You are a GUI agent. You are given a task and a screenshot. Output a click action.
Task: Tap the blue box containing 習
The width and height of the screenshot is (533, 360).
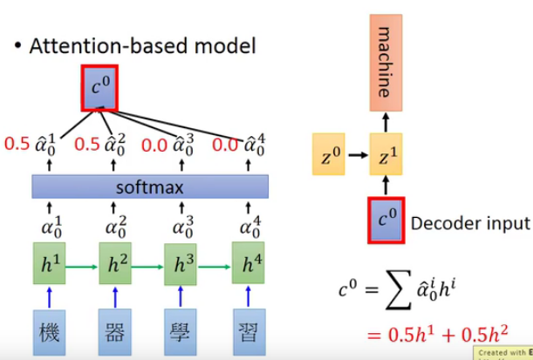point(249,332)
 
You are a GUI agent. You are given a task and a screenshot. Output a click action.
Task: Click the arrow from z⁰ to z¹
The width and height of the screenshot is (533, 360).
point(359,158)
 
